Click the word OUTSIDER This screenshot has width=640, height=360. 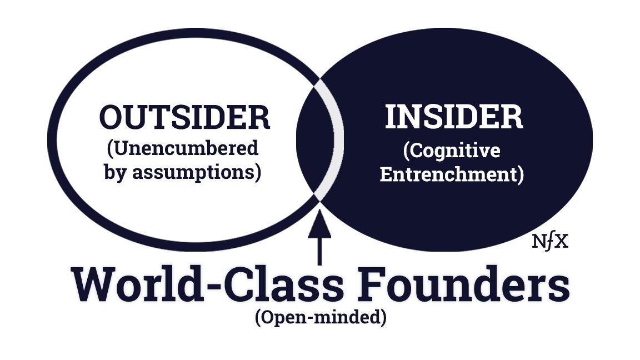coord(184,118)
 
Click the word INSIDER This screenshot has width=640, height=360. coord(454,117)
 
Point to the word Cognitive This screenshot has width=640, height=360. coord(454,151)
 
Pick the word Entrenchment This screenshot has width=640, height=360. coord(449,174)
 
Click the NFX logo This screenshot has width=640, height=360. coord(550,242)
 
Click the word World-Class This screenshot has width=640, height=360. coord(207,284)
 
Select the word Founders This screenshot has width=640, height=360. coord(463,284)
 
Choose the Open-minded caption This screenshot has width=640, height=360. coord(321,317)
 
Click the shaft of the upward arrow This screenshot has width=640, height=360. coord(319,251)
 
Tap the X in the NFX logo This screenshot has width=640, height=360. coord(562,242)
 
